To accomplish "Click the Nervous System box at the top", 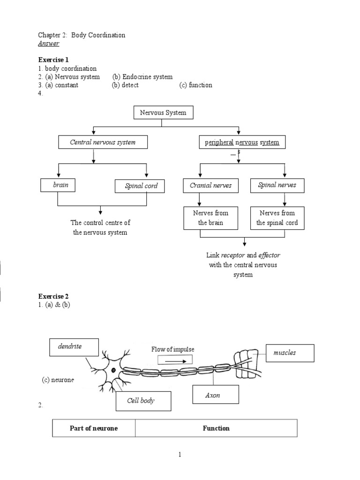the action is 164,112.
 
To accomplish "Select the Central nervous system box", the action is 103,142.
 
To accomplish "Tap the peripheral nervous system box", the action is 242,142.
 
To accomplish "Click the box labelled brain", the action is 58,185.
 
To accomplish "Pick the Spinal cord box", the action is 140,186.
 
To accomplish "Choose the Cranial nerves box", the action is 210,186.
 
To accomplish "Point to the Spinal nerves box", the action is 277,186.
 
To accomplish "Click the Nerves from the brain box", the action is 210,218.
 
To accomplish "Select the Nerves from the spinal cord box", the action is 277,218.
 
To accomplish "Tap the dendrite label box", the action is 74,347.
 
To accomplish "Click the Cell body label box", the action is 143,401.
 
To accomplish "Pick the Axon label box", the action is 216,394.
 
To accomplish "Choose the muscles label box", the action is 290,353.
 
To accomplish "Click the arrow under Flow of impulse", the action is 176,361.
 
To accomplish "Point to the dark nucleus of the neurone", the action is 113,370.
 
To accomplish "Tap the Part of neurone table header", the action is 94,428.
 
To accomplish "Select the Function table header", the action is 216,428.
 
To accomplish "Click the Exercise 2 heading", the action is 53,296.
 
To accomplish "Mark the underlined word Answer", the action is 49,43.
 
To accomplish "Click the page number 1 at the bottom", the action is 180,455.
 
